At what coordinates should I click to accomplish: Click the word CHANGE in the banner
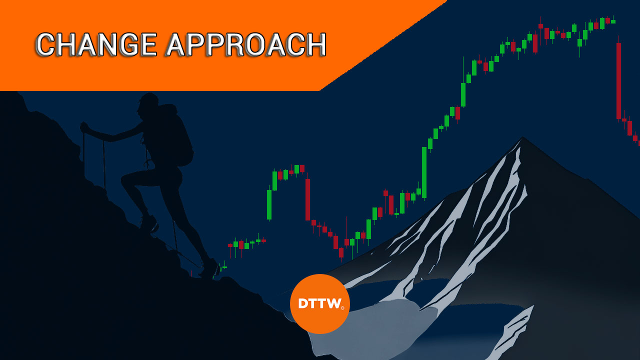click(x=96, y=44)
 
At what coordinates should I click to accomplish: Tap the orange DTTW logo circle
click(x=319, y=303)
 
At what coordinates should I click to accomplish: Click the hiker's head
click(x=148, y=105)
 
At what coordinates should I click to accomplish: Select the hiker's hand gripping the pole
click(x=84, y=127)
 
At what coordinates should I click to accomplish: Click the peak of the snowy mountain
click(x=523, y=138)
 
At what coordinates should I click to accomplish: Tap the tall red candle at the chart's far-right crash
click(x=618, y=81)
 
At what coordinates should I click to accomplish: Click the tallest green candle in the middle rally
click(x=424, y=172)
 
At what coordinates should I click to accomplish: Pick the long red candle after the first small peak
click(x=307, y=199)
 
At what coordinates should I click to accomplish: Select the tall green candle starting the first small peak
click(x=269, y=204)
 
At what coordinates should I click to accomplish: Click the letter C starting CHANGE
click(x=46, y=44)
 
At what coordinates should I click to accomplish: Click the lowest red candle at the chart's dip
click(x=341, y=253)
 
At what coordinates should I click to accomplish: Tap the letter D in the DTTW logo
click(x=302, y=303)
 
